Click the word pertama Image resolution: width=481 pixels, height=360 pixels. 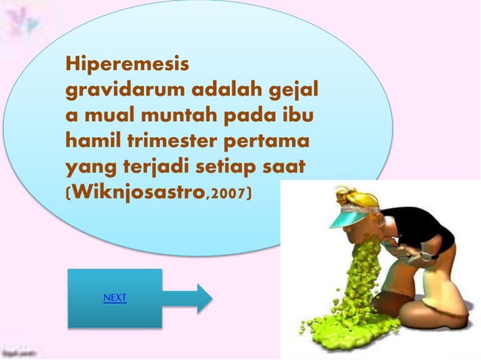(270, 142)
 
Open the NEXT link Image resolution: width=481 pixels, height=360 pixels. (115, 298)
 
